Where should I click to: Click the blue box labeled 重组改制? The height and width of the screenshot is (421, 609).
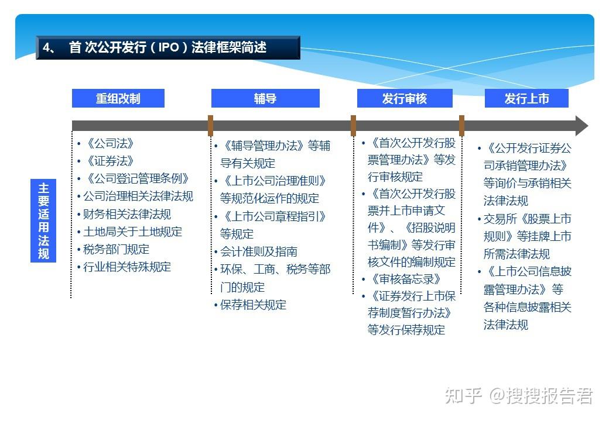click(x=118, y=98)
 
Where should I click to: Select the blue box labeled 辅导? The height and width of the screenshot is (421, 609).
click(x=265, y=98)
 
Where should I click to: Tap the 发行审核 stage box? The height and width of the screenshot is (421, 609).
click(x=405, y=98)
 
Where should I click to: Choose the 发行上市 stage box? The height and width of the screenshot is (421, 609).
click(x=526, y=98)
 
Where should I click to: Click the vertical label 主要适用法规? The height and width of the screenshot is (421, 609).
click(x=43, y=220)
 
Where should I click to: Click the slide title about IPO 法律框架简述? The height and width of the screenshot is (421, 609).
click(x=168, y=47)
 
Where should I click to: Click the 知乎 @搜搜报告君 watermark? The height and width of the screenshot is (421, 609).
click(x=519, y=396)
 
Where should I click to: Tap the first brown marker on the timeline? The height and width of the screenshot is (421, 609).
click(x=210, y=126)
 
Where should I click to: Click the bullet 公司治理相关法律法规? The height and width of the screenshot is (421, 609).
click(x=138, y=196)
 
